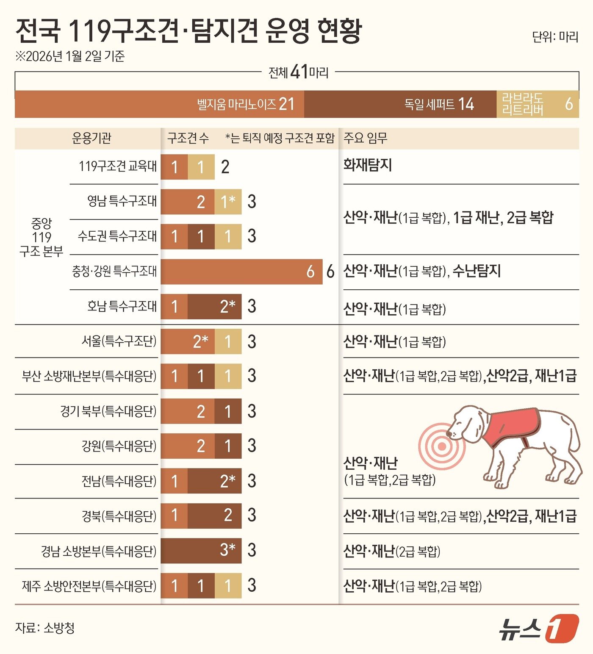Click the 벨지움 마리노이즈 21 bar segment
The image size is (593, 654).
160,104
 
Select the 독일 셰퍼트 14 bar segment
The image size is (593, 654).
400,104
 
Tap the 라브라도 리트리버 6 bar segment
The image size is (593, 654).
538,104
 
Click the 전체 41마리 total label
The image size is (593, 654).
299,72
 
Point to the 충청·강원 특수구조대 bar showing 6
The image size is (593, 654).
241,272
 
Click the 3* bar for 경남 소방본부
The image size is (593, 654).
201,551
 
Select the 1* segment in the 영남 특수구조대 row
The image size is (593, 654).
228,202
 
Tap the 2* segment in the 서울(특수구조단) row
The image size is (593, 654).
188,341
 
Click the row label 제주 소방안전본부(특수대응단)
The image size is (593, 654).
89,586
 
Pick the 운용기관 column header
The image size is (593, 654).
91,138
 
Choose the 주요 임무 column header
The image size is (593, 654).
365,138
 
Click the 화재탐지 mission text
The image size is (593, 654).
367,165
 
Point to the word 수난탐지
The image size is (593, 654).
477,271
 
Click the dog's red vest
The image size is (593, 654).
513,426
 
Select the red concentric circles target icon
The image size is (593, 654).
442,446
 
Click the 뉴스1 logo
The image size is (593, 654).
538,628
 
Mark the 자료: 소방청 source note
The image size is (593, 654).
45,628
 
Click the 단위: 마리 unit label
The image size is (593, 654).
555,37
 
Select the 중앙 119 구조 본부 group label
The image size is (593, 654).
41,237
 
